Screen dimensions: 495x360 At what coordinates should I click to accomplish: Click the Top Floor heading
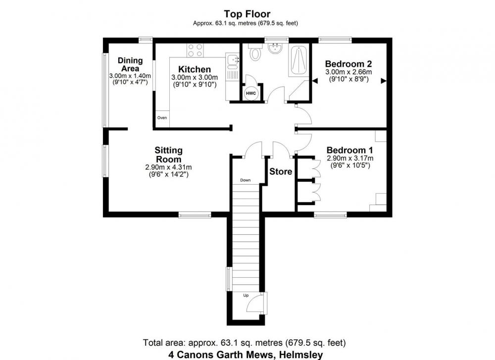(x=247, y=14)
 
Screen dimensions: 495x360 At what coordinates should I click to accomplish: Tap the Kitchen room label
(x=195, y=69)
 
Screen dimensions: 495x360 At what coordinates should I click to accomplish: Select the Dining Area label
(x=130, y=64)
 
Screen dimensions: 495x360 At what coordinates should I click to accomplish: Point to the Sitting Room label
(x=169, y=154)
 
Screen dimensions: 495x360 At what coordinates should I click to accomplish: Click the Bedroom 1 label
(x=350, y=150)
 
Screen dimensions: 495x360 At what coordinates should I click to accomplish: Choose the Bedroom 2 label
(x=348, y=64)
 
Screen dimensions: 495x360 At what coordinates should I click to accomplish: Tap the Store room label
(x=281, y=171)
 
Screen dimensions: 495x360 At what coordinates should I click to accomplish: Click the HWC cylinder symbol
(x=251, y=94)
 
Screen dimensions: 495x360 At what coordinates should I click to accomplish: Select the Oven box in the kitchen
(x=162, y=118)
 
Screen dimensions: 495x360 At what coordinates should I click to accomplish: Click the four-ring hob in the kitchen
(x=195, y=50)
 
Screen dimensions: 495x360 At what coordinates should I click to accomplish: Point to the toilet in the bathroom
(x=255, y=52)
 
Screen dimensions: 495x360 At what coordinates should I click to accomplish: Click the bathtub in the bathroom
(x=298, y=60)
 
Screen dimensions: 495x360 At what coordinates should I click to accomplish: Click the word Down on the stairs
(x=246, y=180)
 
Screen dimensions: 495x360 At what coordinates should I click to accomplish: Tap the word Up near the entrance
(x=246, y=295)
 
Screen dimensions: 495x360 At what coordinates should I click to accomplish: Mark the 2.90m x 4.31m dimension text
(x=168, y=167)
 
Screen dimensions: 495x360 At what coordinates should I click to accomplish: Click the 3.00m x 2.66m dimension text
(x=348, y=72)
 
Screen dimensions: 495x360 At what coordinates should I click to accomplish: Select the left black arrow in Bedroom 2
(x=315, y=81)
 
